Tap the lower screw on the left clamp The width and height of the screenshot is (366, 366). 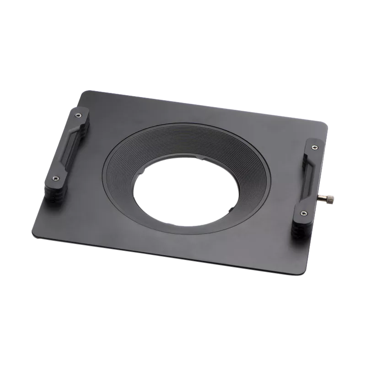[x=55, y=178]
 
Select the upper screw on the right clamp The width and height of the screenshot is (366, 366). [x=313, y=147]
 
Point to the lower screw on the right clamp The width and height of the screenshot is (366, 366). [x=303, y=213]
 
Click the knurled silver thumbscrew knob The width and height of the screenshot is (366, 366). [x=331, y=198]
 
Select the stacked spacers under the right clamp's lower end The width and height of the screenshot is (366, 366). [x=299, y=229]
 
